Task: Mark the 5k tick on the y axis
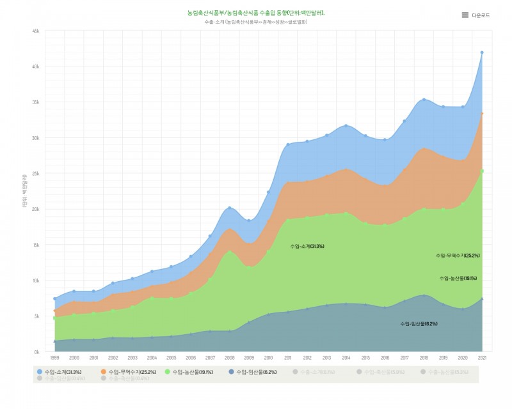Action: tap(37, 316)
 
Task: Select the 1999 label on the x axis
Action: tap(54, 358)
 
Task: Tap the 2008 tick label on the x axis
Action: tap(229, 358)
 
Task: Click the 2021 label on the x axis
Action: tap(482, 358)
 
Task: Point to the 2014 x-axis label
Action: tap(346, 358)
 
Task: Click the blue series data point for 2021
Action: tap(482, 52)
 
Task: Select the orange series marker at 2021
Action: tap(482, 114)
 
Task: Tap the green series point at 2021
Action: tap(482, 171)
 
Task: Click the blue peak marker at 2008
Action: tap(229, 208)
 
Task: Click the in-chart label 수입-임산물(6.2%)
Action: tap(419, 323)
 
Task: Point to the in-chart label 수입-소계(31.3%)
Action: tap(307, 246)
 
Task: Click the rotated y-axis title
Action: tap(24, 191)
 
